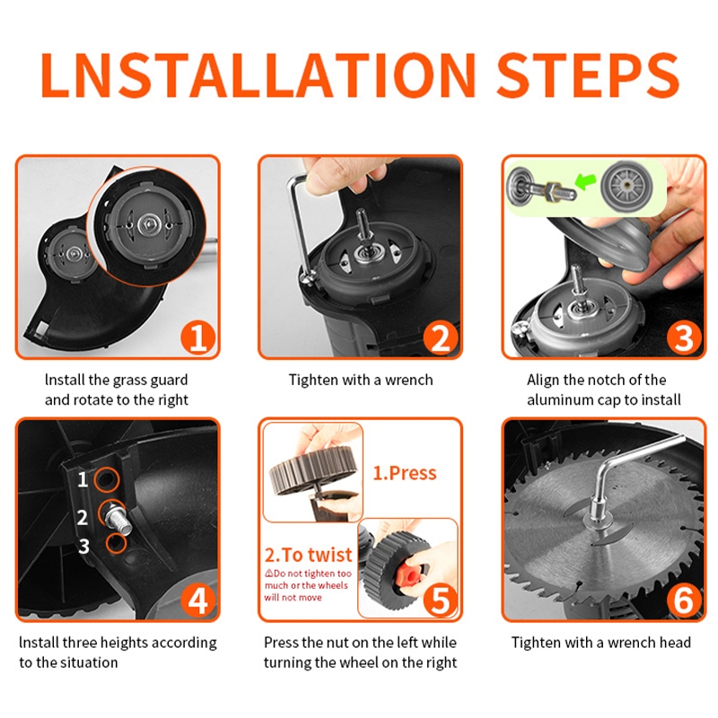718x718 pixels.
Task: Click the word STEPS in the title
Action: [588, 74]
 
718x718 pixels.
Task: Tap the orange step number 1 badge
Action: [197, 338]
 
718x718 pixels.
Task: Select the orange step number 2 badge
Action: [441, 338]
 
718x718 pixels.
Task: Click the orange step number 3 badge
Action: [684, 338]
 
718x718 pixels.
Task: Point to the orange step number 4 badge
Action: [197, 600]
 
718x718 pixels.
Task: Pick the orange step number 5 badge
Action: [441, 600]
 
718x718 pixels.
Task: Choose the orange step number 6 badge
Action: [684, 600]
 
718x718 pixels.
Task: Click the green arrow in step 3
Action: [586, 181]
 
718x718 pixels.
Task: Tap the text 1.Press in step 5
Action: [405, 473]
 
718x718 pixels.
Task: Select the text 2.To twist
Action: [308, 555]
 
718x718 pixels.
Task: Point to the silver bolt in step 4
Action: [118, 521]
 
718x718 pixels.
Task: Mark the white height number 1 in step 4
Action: [83, 480]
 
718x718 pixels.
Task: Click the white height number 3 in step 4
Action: [83, 547]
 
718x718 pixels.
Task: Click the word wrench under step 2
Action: [409, 380]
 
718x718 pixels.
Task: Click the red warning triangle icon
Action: [268, 573]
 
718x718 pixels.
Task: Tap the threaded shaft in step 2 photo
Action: [363, 224]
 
